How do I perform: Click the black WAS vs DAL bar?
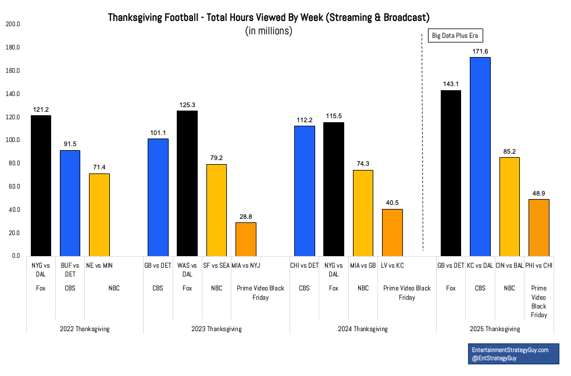pos(187,183)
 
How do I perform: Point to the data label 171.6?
pos(480,52)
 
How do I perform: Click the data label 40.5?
pos(392,203)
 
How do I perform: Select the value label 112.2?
pos(305,120)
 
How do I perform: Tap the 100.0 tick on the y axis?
pos(13,140)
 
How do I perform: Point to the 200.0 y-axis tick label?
pos(13,24)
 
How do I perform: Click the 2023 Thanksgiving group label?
pos(216,329)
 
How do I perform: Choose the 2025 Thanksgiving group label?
pos(495,329)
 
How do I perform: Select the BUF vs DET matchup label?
pos(70,270)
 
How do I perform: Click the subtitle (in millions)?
pos(269,31)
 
